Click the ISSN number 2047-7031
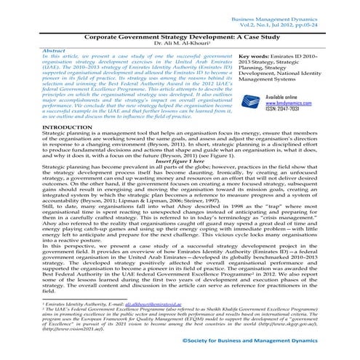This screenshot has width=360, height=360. point(299,130)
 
